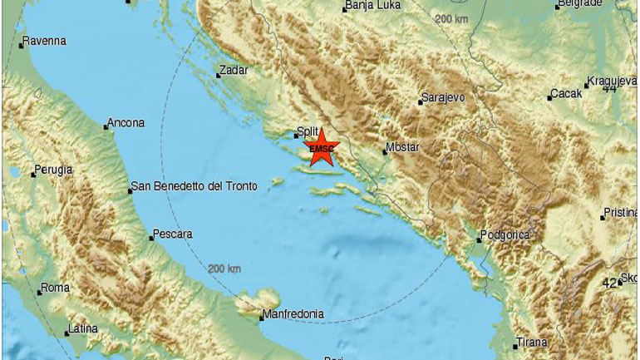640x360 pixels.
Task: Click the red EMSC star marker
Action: (x=320, y=150)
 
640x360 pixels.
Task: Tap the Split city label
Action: (x=308, y=131)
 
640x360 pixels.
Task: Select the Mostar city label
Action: (x=402, y=149)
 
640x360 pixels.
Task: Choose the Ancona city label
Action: (x=127, y=123)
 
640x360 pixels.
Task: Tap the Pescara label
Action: (x=174, y=234)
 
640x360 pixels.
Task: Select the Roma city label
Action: (x=56, y=288)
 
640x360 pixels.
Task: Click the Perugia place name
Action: (x=54, y=170)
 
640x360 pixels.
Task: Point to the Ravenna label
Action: (x=45, y=41)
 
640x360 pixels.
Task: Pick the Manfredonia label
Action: (x=292, y=315)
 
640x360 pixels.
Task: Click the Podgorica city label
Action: (x=506, y=235)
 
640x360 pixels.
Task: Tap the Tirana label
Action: (x=532, y=342)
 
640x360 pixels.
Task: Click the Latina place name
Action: (x=83, y=328)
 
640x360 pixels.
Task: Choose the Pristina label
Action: (x=621, y=213)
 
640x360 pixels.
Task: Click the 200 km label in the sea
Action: (x=224, y=269)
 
